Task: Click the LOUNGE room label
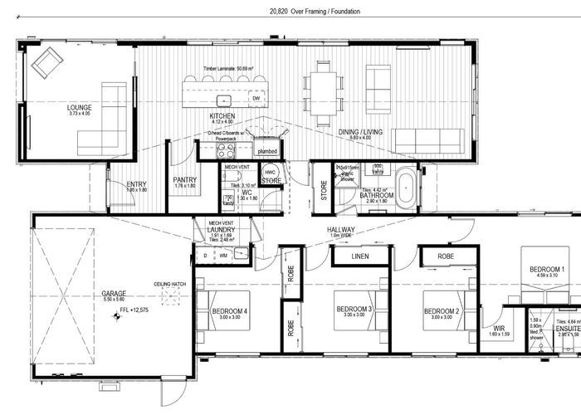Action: point(80,108)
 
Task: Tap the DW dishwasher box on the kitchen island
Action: point(256,99)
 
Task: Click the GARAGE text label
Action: point(113,293)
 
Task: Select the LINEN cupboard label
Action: point(360,257)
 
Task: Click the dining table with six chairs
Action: point(324,90)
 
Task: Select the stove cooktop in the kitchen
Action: point(226,150)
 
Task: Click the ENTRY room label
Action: point(125,184)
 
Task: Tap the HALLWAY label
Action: point(341,229)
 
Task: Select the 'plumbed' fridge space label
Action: point(266,152)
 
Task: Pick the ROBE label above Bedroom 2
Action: point(446,257)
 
